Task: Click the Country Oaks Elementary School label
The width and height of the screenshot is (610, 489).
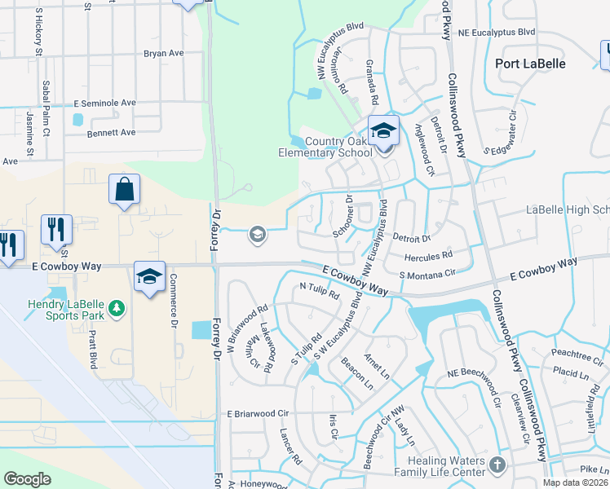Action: click(337, 146)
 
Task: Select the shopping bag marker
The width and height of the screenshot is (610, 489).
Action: click(125, 190)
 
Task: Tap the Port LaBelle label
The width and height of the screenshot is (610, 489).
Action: click(530, 63)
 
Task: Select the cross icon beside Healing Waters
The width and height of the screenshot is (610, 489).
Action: click(497, 465)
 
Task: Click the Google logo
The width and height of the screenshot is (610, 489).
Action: click(27, 479)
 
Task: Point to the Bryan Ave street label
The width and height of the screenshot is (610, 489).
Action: click(164, 54)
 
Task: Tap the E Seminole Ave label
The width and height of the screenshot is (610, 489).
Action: click(104, 104)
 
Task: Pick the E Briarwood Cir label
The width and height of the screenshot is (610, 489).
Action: click(259, 414)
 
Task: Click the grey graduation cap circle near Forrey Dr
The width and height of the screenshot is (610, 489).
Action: click(258, 236)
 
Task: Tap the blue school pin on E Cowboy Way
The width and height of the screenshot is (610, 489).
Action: click(150, 276)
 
